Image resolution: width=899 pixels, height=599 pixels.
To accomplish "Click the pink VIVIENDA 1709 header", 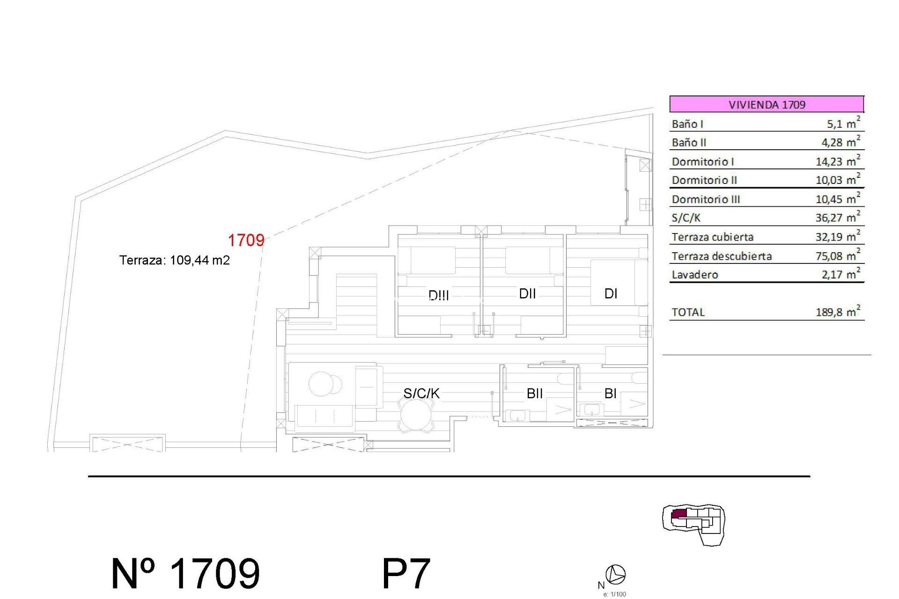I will click(766, 104).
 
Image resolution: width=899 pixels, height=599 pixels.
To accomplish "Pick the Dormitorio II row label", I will click(704, 180).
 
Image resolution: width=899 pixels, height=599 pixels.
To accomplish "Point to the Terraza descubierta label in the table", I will click(722, 256).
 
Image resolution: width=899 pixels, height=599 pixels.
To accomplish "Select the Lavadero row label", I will click(695, 275).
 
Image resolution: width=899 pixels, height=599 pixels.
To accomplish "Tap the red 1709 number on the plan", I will click(246, 240).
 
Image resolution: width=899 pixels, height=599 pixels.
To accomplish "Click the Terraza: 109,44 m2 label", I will click(175, 260).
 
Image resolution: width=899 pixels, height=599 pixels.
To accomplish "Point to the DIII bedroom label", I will click(439, 295).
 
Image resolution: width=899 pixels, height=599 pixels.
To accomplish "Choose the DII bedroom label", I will click(527, 293).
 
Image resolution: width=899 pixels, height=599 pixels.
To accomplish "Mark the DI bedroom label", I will click(611, 293).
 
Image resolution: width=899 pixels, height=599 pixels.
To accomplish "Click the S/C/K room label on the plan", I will click(421, 393).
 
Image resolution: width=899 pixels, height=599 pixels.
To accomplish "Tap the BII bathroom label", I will click(534, 393).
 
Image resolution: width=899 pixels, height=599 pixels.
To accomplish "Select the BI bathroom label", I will click(610, 393).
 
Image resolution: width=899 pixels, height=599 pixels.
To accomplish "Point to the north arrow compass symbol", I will click(615, 574).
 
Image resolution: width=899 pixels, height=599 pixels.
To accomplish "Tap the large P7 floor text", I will click(406, 574).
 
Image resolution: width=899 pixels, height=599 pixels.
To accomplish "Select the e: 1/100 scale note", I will click(614, 594).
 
